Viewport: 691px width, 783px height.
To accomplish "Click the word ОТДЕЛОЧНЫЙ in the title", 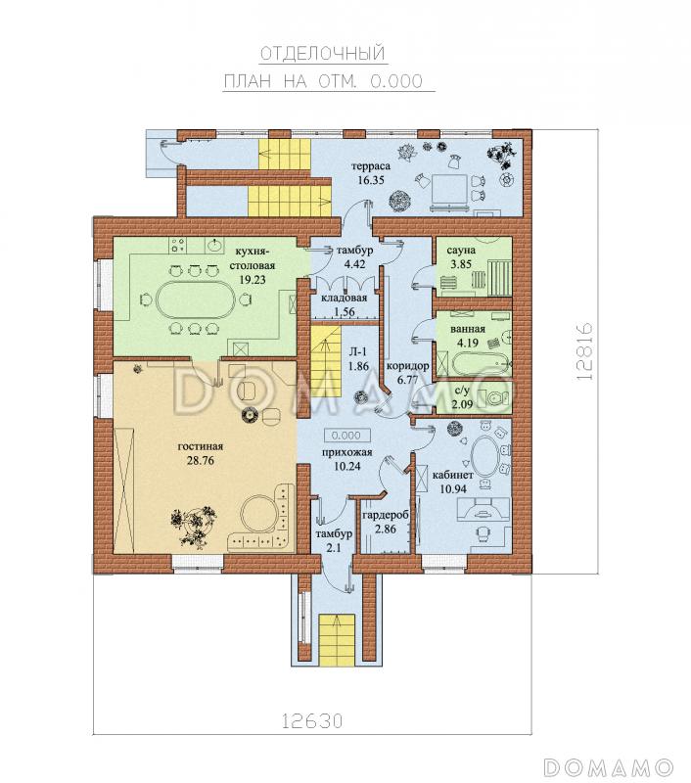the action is pyautogui.click(x=323, y=54).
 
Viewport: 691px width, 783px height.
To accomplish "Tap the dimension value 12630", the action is pyautogui.click(x=313, y=721).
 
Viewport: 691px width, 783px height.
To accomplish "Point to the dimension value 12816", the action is pyautogui.click(x=583, y=351).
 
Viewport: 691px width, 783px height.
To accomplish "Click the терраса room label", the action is pyautogui.click(x=371, y=165).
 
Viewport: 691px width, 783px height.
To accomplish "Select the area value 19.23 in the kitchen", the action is pyautogui.click(x=253, y=280).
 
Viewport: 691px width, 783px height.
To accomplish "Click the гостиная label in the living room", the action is pyautogui.click(x=201, y=446).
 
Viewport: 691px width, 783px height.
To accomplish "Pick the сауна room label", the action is pyautogui.click(x=461, y=250).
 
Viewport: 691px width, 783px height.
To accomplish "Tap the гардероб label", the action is pyautogui.click(x=386, y=516).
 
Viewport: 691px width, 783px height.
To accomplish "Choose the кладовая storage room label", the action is pyautogui.click(x=344, y=299).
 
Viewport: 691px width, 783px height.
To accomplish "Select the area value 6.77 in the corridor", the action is pyautogui.click(x=407, y=380).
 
